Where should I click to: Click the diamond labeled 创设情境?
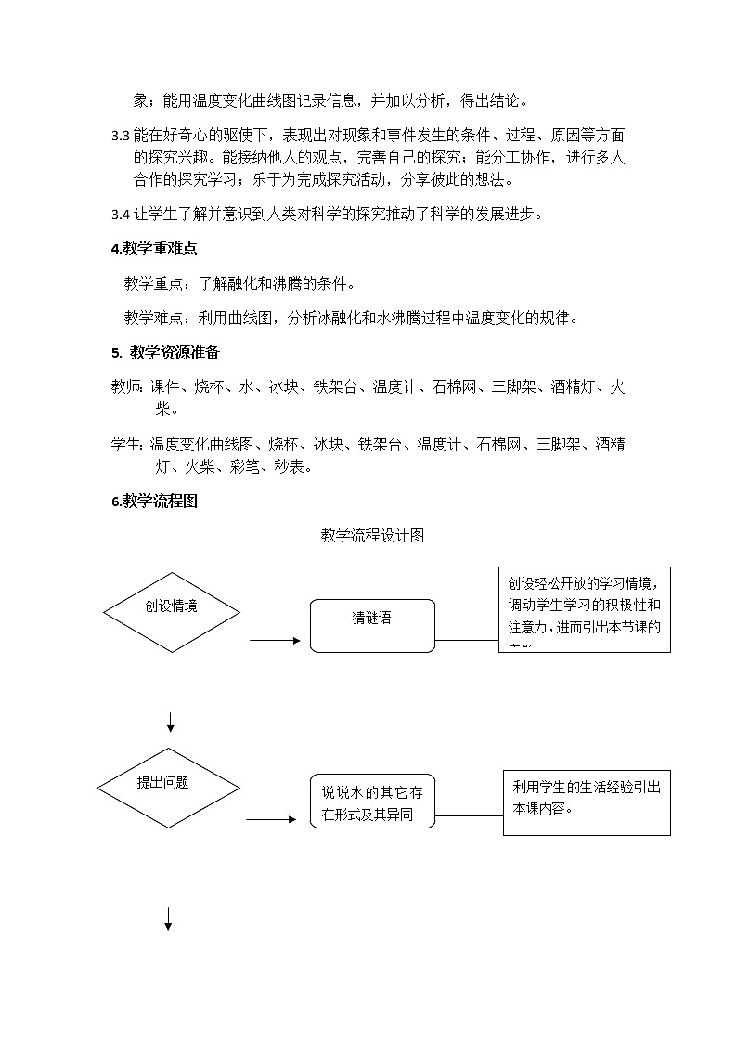(x=171, y=612)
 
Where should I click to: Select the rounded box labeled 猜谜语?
(x=372, y=625)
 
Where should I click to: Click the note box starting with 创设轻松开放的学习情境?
(x=584, y=609)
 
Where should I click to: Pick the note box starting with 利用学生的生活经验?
(x=587, y=802)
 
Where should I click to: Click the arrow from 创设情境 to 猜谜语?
(x=275, y=640)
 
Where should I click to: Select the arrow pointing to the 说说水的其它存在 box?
(x=272, y=819)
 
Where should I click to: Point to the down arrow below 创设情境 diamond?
(x=170, y=721)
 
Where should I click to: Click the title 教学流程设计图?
(x=372, y=535)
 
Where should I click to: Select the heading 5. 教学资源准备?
(x=165, y=353)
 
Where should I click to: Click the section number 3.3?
(x=120, y=136)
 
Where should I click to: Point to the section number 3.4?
(x=120, y=215)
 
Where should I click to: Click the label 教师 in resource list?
(x=126, y=387)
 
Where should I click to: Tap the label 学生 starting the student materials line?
(x=126, y=445)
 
